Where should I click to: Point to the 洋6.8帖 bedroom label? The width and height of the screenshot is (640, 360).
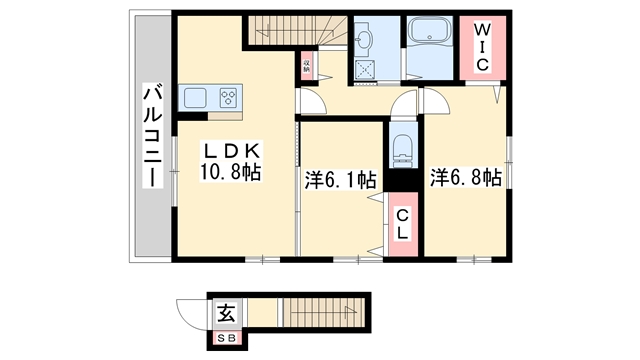point(466,179)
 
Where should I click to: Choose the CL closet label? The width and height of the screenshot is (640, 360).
point(402,224)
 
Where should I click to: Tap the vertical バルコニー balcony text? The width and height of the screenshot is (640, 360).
point(152,134)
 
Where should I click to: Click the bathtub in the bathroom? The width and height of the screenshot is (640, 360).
point(432,36)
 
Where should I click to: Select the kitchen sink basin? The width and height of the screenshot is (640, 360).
point(195,98)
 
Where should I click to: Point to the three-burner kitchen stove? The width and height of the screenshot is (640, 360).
point(229,98)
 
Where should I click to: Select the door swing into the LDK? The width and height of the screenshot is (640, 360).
point(310,104)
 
